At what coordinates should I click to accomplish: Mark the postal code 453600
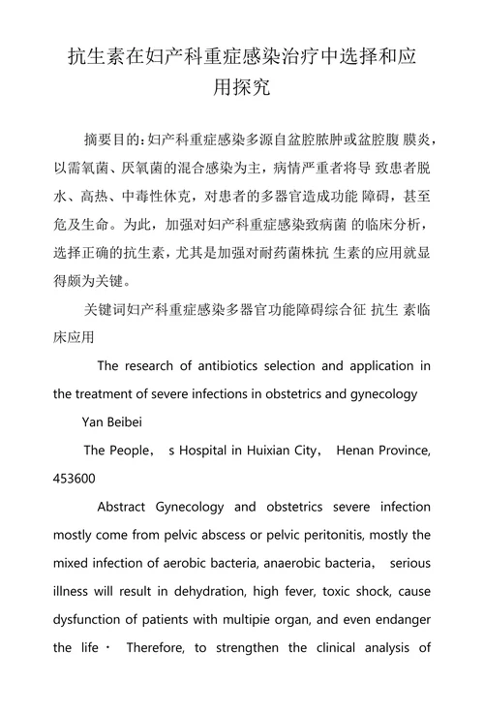click(75, 478)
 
